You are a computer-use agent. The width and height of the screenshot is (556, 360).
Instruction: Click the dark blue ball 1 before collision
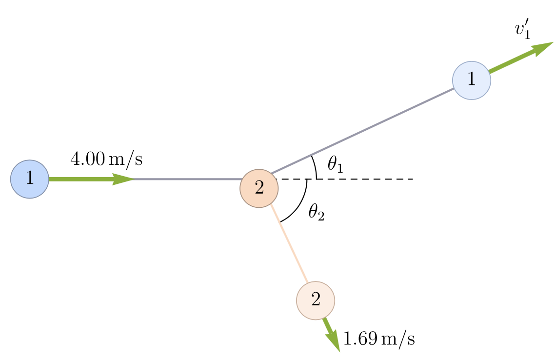[30, 179]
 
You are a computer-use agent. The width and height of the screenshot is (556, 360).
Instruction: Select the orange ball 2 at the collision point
[259, 188]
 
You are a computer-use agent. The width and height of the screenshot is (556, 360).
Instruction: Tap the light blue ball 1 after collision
[472, 80]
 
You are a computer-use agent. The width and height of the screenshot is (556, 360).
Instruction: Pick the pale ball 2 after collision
[316, 300]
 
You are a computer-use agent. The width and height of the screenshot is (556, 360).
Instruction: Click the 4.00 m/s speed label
[106, 160]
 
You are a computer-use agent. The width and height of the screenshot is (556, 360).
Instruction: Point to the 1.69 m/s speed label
[379, 339]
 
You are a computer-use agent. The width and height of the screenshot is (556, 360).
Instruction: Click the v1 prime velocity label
[522, 30]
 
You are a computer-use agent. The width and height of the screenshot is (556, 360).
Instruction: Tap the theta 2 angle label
[316, 213]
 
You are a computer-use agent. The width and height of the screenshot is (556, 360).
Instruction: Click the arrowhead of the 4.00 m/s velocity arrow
[124, 179]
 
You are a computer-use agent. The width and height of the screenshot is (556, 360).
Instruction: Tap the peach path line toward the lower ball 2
[293, 251]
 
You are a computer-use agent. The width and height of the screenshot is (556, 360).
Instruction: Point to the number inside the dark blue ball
[30, 179]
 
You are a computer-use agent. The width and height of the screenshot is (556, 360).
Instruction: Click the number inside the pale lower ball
[316, 300]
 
